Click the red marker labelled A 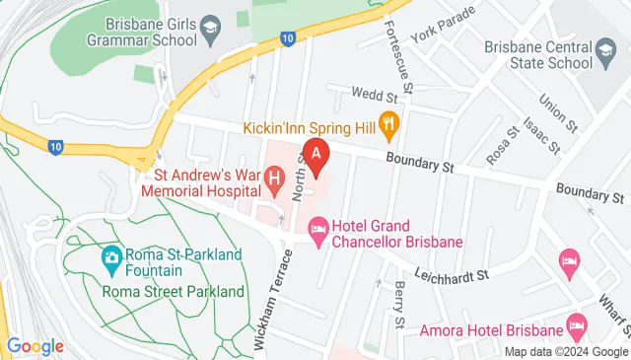point(315,155)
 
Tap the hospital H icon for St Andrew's point(275,180)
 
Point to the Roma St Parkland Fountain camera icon point(111,260)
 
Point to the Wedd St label point(377,98)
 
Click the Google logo point(35,346)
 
